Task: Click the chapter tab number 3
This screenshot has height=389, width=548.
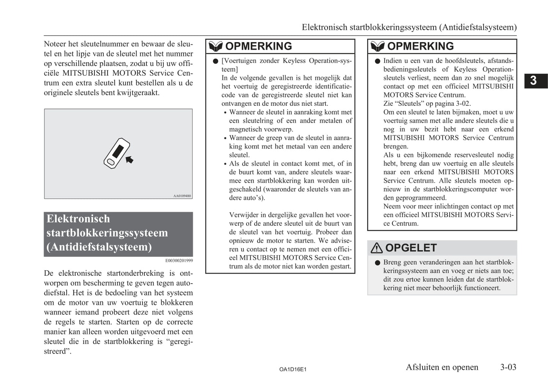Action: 533,81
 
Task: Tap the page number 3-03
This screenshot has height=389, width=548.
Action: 508,367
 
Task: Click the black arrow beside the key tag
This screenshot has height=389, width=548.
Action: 129,160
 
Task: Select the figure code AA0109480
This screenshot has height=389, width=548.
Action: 182,196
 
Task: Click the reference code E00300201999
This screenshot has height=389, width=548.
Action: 179,260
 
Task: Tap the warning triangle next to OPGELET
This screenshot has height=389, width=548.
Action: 377,248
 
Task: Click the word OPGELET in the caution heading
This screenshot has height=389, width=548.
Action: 411,248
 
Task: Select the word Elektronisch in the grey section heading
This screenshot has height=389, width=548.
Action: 78,219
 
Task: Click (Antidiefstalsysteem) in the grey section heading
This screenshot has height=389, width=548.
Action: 99,247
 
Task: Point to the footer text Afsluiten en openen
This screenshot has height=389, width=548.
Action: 442,367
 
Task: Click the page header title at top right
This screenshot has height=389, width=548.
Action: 409,27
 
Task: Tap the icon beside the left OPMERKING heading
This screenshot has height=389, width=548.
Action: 215,46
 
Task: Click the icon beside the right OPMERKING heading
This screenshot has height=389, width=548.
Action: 377,46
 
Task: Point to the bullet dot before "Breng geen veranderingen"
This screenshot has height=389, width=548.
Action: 377,262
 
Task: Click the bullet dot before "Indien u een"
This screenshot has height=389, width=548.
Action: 377,61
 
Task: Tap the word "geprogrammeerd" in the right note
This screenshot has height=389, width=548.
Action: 421,198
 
